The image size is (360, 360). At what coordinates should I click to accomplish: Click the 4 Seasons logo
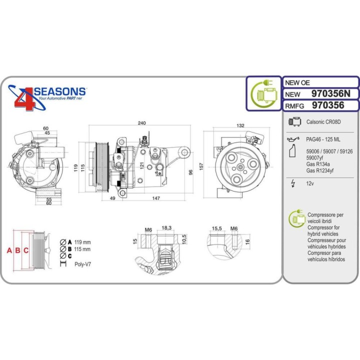pos(47,98)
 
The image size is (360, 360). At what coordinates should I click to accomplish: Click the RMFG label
pos(295,105)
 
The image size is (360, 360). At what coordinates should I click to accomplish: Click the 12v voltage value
pos(310,184)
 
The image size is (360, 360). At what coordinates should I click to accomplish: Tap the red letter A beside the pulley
pos(8,250)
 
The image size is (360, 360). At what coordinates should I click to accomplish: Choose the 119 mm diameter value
pos(82,242)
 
